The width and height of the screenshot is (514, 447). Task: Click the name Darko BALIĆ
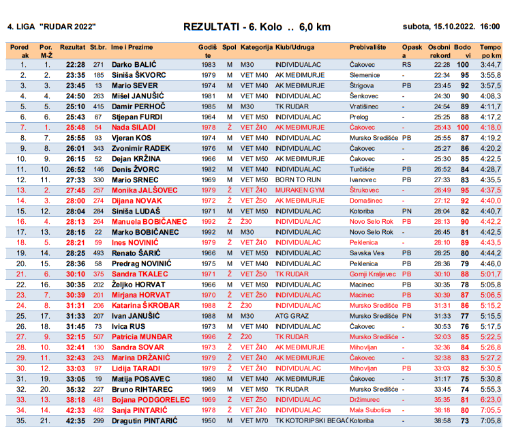pos(134,65)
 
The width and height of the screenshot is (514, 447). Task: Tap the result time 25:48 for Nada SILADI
pos(75,128)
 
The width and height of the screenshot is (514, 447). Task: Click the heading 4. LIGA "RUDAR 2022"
pos(51,27)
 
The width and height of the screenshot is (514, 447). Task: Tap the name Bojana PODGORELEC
pos(145,399)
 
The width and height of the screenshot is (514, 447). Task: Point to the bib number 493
pos(98,253)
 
